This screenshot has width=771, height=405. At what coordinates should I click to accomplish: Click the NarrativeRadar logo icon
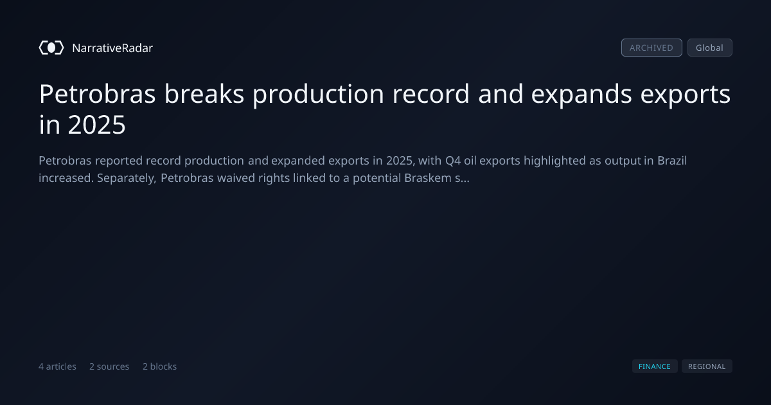pyautogui.click(x=51, y=48)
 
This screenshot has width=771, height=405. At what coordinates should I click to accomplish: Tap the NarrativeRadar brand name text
pyautogui.click(x=112, y=48)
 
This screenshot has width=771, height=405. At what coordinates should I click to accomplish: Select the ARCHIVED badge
pyautogui.click(x=651, y=48)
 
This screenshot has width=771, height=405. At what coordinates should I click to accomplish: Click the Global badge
pyautogui.click(x=710, y=48)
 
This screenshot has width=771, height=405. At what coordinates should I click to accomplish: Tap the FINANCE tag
pyautogui.click(x=655, y=366)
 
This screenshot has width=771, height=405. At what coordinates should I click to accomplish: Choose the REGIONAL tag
pyautogui.click(x=707, y=366)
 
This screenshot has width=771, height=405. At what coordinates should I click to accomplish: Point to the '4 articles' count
pyautogui.click(x=57, y=366)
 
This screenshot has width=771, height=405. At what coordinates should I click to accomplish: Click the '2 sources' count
pyautogui.click(x=109, y=366)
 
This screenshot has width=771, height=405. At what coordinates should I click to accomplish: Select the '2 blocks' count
pyautogui.click(x=160, y=366)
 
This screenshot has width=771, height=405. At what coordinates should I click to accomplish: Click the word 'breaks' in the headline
pyautogui.click(x=204, y=94)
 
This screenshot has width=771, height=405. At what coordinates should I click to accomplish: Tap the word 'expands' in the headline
pyautogui.click(x=581, y=94)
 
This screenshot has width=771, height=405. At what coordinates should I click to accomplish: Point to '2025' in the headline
pyautogui.click(x=97, y=125)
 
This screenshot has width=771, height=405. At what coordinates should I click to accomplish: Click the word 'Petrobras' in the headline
pyautogui.click(x=97, y=94)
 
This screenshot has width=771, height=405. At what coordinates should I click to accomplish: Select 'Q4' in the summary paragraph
pyautogui.click(x=453, y=161)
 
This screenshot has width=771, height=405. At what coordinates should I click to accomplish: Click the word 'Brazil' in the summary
pyautogui.click(x=672, y=161)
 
